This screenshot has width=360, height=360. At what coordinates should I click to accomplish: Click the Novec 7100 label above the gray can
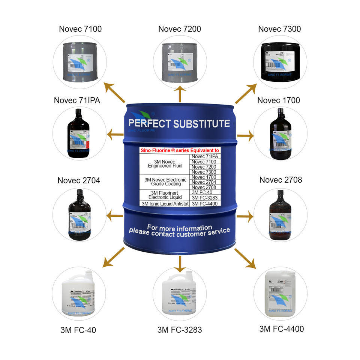[x=80, y=29]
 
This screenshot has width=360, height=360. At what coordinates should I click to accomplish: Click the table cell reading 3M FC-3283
[x=205, y=198]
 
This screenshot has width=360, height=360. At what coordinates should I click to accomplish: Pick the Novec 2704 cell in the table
[x=204, y=182]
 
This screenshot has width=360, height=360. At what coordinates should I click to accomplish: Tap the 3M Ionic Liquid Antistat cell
[x=164, y=204]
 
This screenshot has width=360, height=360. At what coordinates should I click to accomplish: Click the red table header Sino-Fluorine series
[x=180, y=150]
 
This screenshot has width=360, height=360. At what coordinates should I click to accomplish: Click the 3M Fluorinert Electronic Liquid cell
[x=165, y=195]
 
